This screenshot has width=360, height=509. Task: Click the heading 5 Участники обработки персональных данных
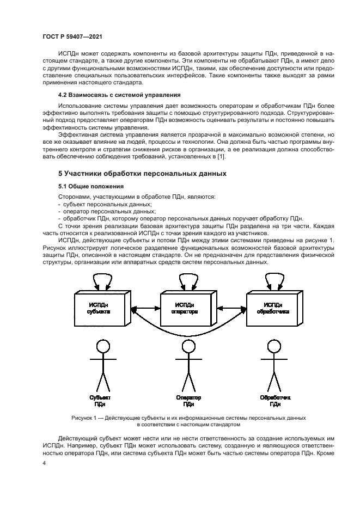click(142, 174)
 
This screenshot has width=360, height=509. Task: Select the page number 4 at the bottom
click(44, 462)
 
